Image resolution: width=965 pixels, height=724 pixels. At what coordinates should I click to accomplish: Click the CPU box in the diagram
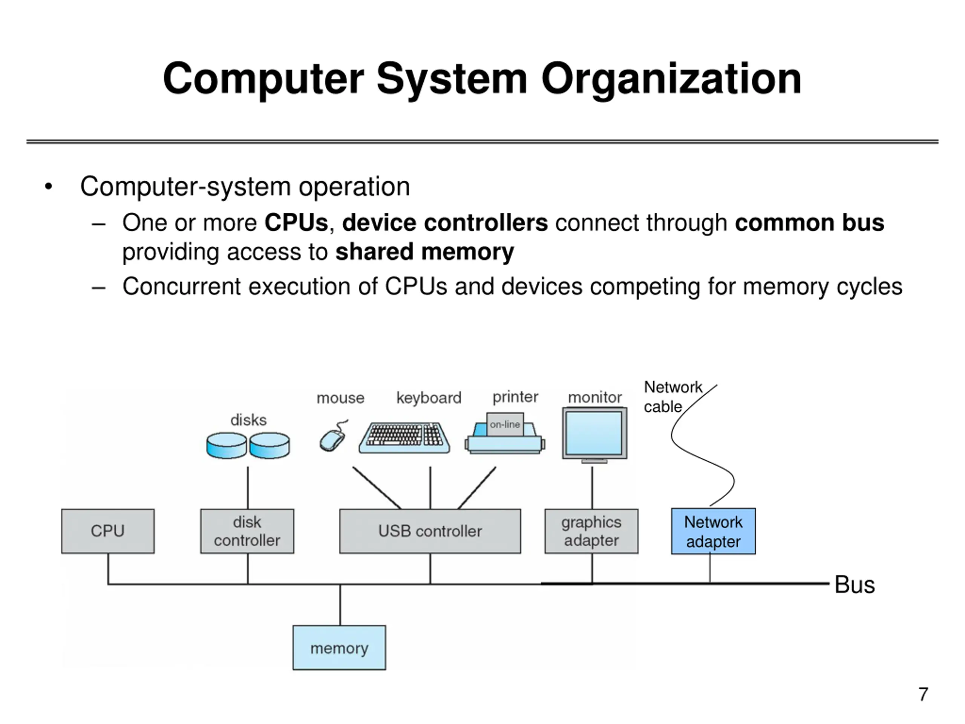click(x=108, y=531)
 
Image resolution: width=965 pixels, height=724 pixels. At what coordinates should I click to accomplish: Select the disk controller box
click(x=247, y=531)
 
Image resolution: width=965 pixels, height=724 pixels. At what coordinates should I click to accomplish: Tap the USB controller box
click(x=430, y=531)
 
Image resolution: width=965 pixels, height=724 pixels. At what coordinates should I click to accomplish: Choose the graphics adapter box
click(x=591, y=531)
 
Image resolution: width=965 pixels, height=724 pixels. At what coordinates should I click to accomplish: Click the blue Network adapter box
click(x=713, y=531)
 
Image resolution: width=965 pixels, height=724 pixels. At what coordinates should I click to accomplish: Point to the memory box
click(x=339, y=647)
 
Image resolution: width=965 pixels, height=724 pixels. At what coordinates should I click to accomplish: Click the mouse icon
click(x=333, y=438)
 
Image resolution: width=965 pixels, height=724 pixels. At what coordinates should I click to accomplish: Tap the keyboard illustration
click(x=404, y=437)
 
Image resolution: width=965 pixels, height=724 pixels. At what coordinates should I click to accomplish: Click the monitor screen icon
click(x=594, y=433)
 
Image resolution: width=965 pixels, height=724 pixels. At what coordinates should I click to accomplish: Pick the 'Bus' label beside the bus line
click(x=854, y=585)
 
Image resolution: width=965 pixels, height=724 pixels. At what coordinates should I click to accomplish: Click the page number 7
click(x=923, y=694)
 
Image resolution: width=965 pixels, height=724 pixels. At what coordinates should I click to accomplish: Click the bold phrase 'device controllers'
click(x=444, y=223)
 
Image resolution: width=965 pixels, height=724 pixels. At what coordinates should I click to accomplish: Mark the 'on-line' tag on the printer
click(x=505, y=424)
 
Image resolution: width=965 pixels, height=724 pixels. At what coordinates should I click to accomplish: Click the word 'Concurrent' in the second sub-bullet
click(x=181, y=287)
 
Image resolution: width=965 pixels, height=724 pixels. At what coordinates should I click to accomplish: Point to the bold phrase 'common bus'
click(x=809, y=223)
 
